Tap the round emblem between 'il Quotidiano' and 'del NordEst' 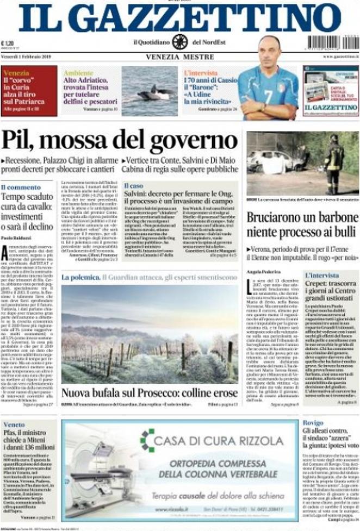(179, 42)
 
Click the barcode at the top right (330, 42)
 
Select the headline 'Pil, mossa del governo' (119, 141)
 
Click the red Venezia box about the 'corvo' (29, 90)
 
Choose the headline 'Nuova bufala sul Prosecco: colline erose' (149, 392)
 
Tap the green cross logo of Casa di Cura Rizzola (147, 440)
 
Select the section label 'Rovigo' (313, 423)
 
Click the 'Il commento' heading (20, 188)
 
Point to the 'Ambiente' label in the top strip (78, 72)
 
